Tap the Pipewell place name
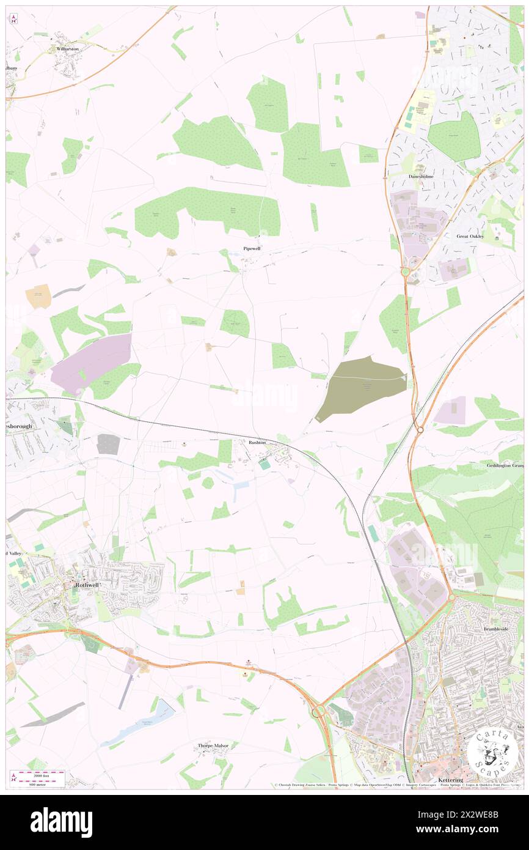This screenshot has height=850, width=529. pos(252,249)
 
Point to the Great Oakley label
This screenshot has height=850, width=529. pos(470,236)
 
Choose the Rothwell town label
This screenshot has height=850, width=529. pos(86,585)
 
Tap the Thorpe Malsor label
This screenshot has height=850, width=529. pos(213,745)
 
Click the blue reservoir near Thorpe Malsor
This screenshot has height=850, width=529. pos(144,722)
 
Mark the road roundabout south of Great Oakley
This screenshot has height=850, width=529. pos(405,271)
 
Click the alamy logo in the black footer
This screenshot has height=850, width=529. pos(61,822)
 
